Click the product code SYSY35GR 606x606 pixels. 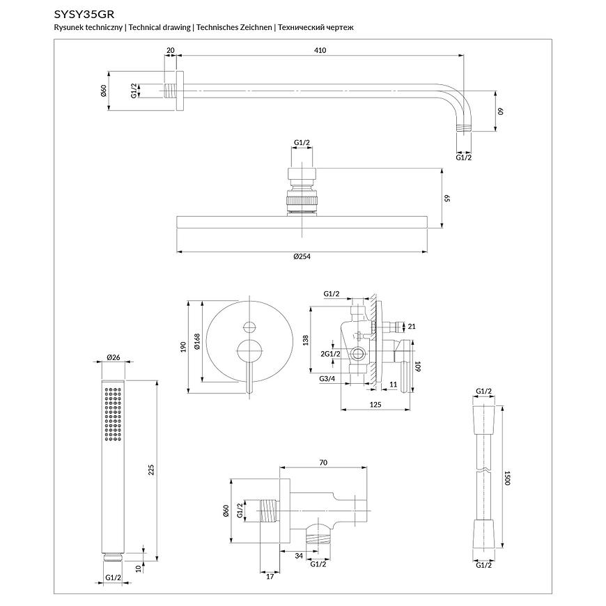coord(84,13)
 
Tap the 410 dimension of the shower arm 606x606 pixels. coord(320,50)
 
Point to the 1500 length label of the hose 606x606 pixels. coord(508,479)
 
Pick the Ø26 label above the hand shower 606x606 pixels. coord(114,357)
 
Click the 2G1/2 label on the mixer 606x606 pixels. coord(330,354)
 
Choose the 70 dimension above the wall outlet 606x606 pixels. coord(323,462)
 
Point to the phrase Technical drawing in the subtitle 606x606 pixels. coord(160,27)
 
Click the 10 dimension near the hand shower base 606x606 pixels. coord(139,568)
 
